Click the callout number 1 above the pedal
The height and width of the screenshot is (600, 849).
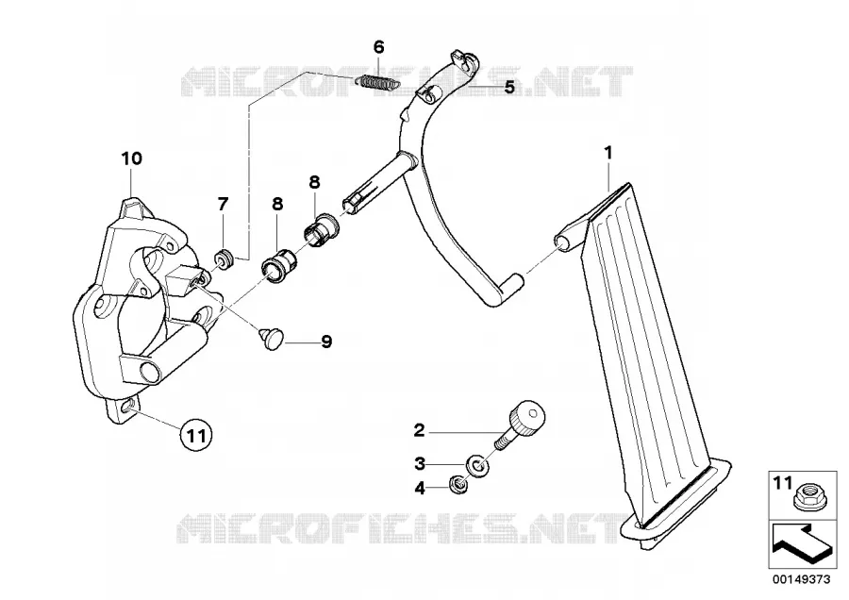coord(608,153)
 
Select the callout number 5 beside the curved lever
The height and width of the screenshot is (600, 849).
coord(509,87)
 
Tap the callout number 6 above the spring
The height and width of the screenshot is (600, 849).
coord(379,47)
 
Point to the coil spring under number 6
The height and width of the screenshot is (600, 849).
coord(377,82)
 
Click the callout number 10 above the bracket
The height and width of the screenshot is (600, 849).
coord(131,158)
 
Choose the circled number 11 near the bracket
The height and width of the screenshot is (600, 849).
coord(196,434)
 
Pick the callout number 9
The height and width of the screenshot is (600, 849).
coord(326,342)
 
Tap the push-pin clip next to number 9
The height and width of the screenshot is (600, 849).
coord(271,338)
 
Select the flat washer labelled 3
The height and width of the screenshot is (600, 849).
coord(477,465)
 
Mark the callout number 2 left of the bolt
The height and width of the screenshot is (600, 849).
coord(420,430)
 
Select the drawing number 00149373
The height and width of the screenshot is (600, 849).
coord(801,579)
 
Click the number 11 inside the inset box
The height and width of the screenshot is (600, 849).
coord(782,482)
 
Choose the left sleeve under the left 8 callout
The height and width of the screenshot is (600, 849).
coord(278,264)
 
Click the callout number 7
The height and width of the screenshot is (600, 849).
coord(223,204)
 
